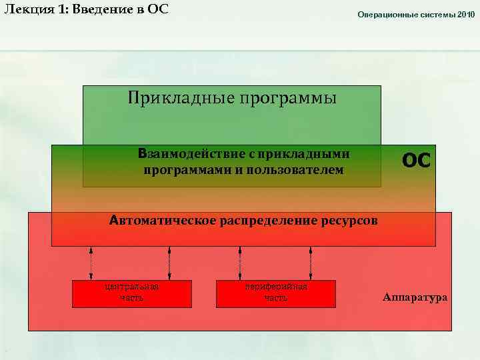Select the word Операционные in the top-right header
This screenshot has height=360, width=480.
(385, 14)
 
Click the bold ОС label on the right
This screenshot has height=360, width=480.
(416, 161)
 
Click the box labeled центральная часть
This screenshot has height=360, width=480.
(131, 293)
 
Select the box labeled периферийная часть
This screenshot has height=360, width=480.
(276, 293)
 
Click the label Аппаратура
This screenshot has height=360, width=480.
(415, 297)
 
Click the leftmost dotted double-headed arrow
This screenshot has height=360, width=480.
(91, 263)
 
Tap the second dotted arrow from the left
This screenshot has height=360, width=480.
(170, 263)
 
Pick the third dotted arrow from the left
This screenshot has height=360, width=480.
(239, 263)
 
